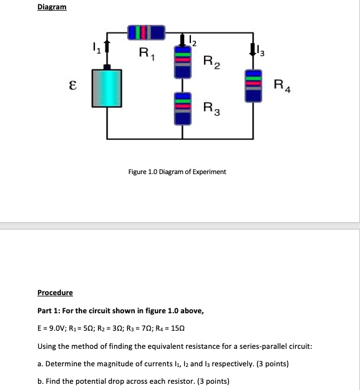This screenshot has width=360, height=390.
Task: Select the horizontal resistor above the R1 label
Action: tap(145, 31)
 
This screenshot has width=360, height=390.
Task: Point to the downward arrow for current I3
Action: tap(253, 49)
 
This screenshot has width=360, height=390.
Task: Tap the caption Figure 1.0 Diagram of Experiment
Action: tap(178, 171)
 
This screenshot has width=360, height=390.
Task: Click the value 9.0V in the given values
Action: tap(57, 328)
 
